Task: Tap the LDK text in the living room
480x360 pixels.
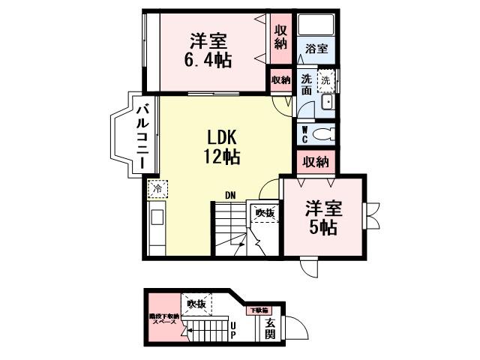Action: tap(222, 137)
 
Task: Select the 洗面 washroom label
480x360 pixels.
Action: tap(306, 84)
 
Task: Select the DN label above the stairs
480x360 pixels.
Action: tap(231, 196)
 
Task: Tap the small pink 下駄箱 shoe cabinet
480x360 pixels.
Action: tap(259, 309)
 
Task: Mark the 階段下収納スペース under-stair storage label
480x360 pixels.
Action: tap(163, 318)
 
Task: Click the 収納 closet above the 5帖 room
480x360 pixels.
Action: tap(316, 161)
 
